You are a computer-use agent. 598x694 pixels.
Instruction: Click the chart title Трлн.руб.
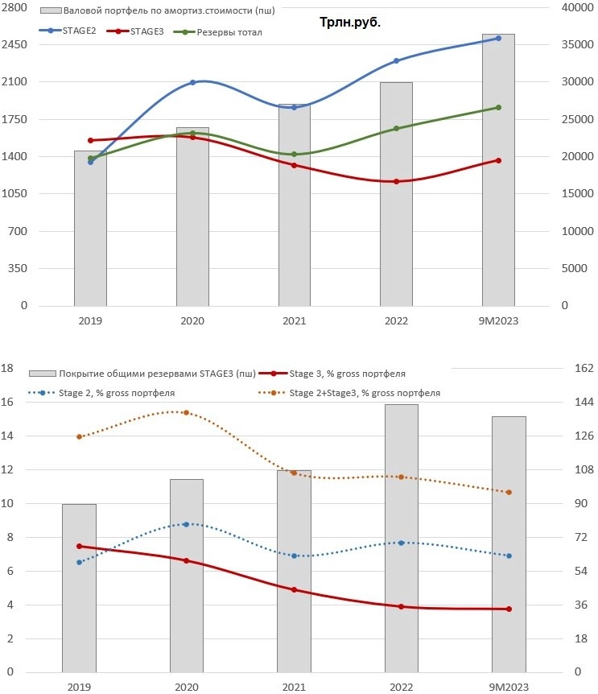(x=349, y=23)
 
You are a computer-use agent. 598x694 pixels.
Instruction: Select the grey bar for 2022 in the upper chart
(x=396, y=193)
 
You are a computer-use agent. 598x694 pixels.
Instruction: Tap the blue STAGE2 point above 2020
(x=192, y=82)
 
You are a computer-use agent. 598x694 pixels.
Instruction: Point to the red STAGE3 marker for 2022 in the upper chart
(x=396, y=181)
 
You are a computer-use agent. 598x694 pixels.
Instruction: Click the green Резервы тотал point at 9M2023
(x=498, y=107)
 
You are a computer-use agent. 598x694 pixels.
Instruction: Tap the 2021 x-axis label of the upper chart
(x=294, y=320)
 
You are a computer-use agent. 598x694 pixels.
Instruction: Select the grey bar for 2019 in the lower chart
(x=79, y=588)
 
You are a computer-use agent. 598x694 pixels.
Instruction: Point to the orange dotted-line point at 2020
(x=186, y=412)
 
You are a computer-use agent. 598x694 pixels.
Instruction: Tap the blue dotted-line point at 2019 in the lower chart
(x=79, y=562)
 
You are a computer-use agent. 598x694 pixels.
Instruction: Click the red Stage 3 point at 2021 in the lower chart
(x=294, y=589)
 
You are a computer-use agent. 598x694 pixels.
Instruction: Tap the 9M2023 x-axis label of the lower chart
(x=508, y=687)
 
